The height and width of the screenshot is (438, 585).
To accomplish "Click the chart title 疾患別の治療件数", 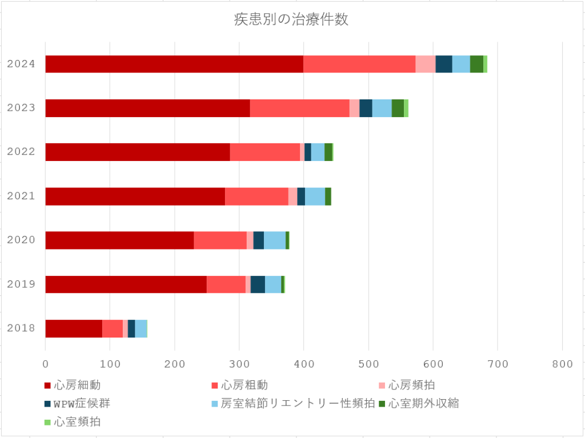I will pos(291,20).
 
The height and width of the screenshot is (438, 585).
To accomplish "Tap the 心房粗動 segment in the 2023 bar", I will pos(299,108).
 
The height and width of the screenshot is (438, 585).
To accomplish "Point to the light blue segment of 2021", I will pos(315,196).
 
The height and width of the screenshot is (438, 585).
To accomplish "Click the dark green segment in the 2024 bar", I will pos(476,64).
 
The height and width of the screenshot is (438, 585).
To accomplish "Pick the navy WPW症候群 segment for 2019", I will pos(258,284).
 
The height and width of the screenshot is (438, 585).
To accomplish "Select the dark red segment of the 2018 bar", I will pos(74,328).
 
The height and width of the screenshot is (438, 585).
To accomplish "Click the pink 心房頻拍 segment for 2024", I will pos(425,64).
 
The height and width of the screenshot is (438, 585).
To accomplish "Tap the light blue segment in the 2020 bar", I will pos(275,240).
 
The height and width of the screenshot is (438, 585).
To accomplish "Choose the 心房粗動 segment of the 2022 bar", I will pos(265,152).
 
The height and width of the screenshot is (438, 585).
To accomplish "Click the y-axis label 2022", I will pos(21,152).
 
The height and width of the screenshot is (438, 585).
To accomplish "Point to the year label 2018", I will pos(21,328).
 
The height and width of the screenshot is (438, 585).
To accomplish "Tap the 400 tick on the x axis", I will pos(303,363).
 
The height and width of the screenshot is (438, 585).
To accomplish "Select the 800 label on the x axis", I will pos(562,363).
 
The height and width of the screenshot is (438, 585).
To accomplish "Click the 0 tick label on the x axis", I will pos(46,363).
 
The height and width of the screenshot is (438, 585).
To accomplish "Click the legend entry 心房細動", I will pos(77,385).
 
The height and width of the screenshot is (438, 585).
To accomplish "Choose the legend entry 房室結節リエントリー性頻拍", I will pos(297,404).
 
